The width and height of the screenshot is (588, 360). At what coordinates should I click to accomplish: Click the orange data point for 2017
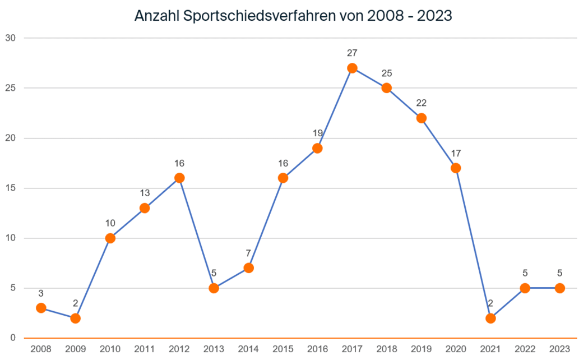click(352, 68)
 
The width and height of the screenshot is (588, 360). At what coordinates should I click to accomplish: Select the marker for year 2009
click(76, 318)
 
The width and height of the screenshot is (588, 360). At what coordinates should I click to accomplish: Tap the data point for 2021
click(490, 318)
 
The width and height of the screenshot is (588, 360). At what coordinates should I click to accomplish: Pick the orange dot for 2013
click(214, 288)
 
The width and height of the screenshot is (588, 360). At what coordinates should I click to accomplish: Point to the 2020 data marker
click(456, 168)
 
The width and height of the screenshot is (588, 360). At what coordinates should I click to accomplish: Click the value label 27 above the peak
click(352, 53)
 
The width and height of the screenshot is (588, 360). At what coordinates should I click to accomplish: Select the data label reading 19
click(317, 133)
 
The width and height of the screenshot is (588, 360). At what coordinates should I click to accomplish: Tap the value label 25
click(387, 73)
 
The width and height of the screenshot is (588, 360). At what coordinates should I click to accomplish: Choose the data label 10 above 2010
click(110, 223)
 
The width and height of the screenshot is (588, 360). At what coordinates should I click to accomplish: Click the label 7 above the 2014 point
click(248, 253)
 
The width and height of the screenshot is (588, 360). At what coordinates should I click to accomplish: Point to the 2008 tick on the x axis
click(41, 349)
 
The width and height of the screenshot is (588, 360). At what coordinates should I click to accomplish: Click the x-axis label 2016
click(317, 349)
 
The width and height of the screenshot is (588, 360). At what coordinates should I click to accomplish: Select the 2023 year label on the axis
click(559, 349)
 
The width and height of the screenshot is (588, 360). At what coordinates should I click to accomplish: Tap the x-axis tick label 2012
click(179, 349)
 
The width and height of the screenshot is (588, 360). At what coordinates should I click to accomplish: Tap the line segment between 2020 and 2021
click(473, 243)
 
